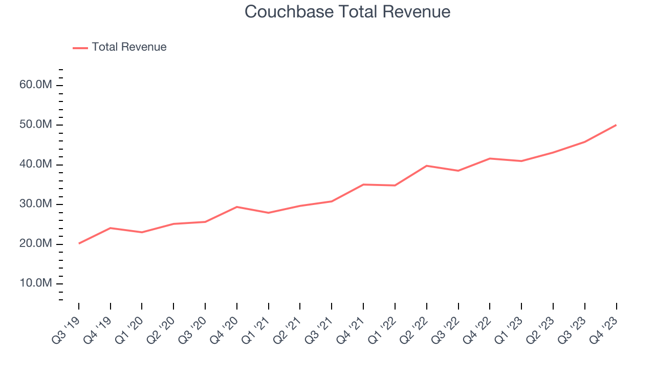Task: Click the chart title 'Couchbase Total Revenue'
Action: [x=347, y=12]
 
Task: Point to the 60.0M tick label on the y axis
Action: [x=36, y=85]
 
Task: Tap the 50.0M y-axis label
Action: [x=36, y=125]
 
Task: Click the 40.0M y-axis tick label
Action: [x=36, y=164]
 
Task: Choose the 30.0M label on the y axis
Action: [x=36, y=204]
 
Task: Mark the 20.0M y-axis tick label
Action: [x=36, y=243]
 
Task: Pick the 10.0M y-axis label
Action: [x=36, y=283]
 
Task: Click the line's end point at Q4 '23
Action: [x=616, y=125]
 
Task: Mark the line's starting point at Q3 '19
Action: [x=79, y=243]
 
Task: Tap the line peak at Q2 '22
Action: [x=426, y=166]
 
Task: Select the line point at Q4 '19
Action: [x=111, y=228]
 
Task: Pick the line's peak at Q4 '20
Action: [x=237, y=207]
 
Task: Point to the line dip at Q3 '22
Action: [x=458, y=171]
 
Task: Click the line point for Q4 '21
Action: [x=363, y=184]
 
